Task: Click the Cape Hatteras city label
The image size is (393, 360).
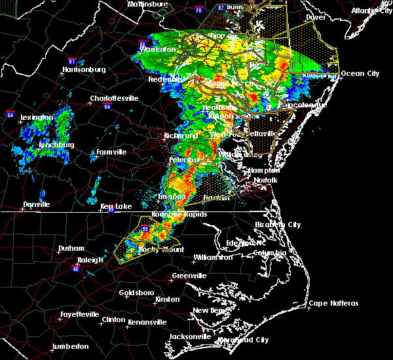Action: coord(334,303)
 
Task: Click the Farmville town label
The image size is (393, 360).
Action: coord(111,153)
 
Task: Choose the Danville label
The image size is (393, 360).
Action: coord(37,205)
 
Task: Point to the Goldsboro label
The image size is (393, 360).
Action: coord(137,293)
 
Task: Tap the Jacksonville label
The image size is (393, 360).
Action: coord(189,336)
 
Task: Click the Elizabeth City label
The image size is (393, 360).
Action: coord(278,225)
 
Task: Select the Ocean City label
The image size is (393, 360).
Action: coord(360,73)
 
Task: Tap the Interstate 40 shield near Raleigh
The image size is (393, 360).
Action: coord(75,268)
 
